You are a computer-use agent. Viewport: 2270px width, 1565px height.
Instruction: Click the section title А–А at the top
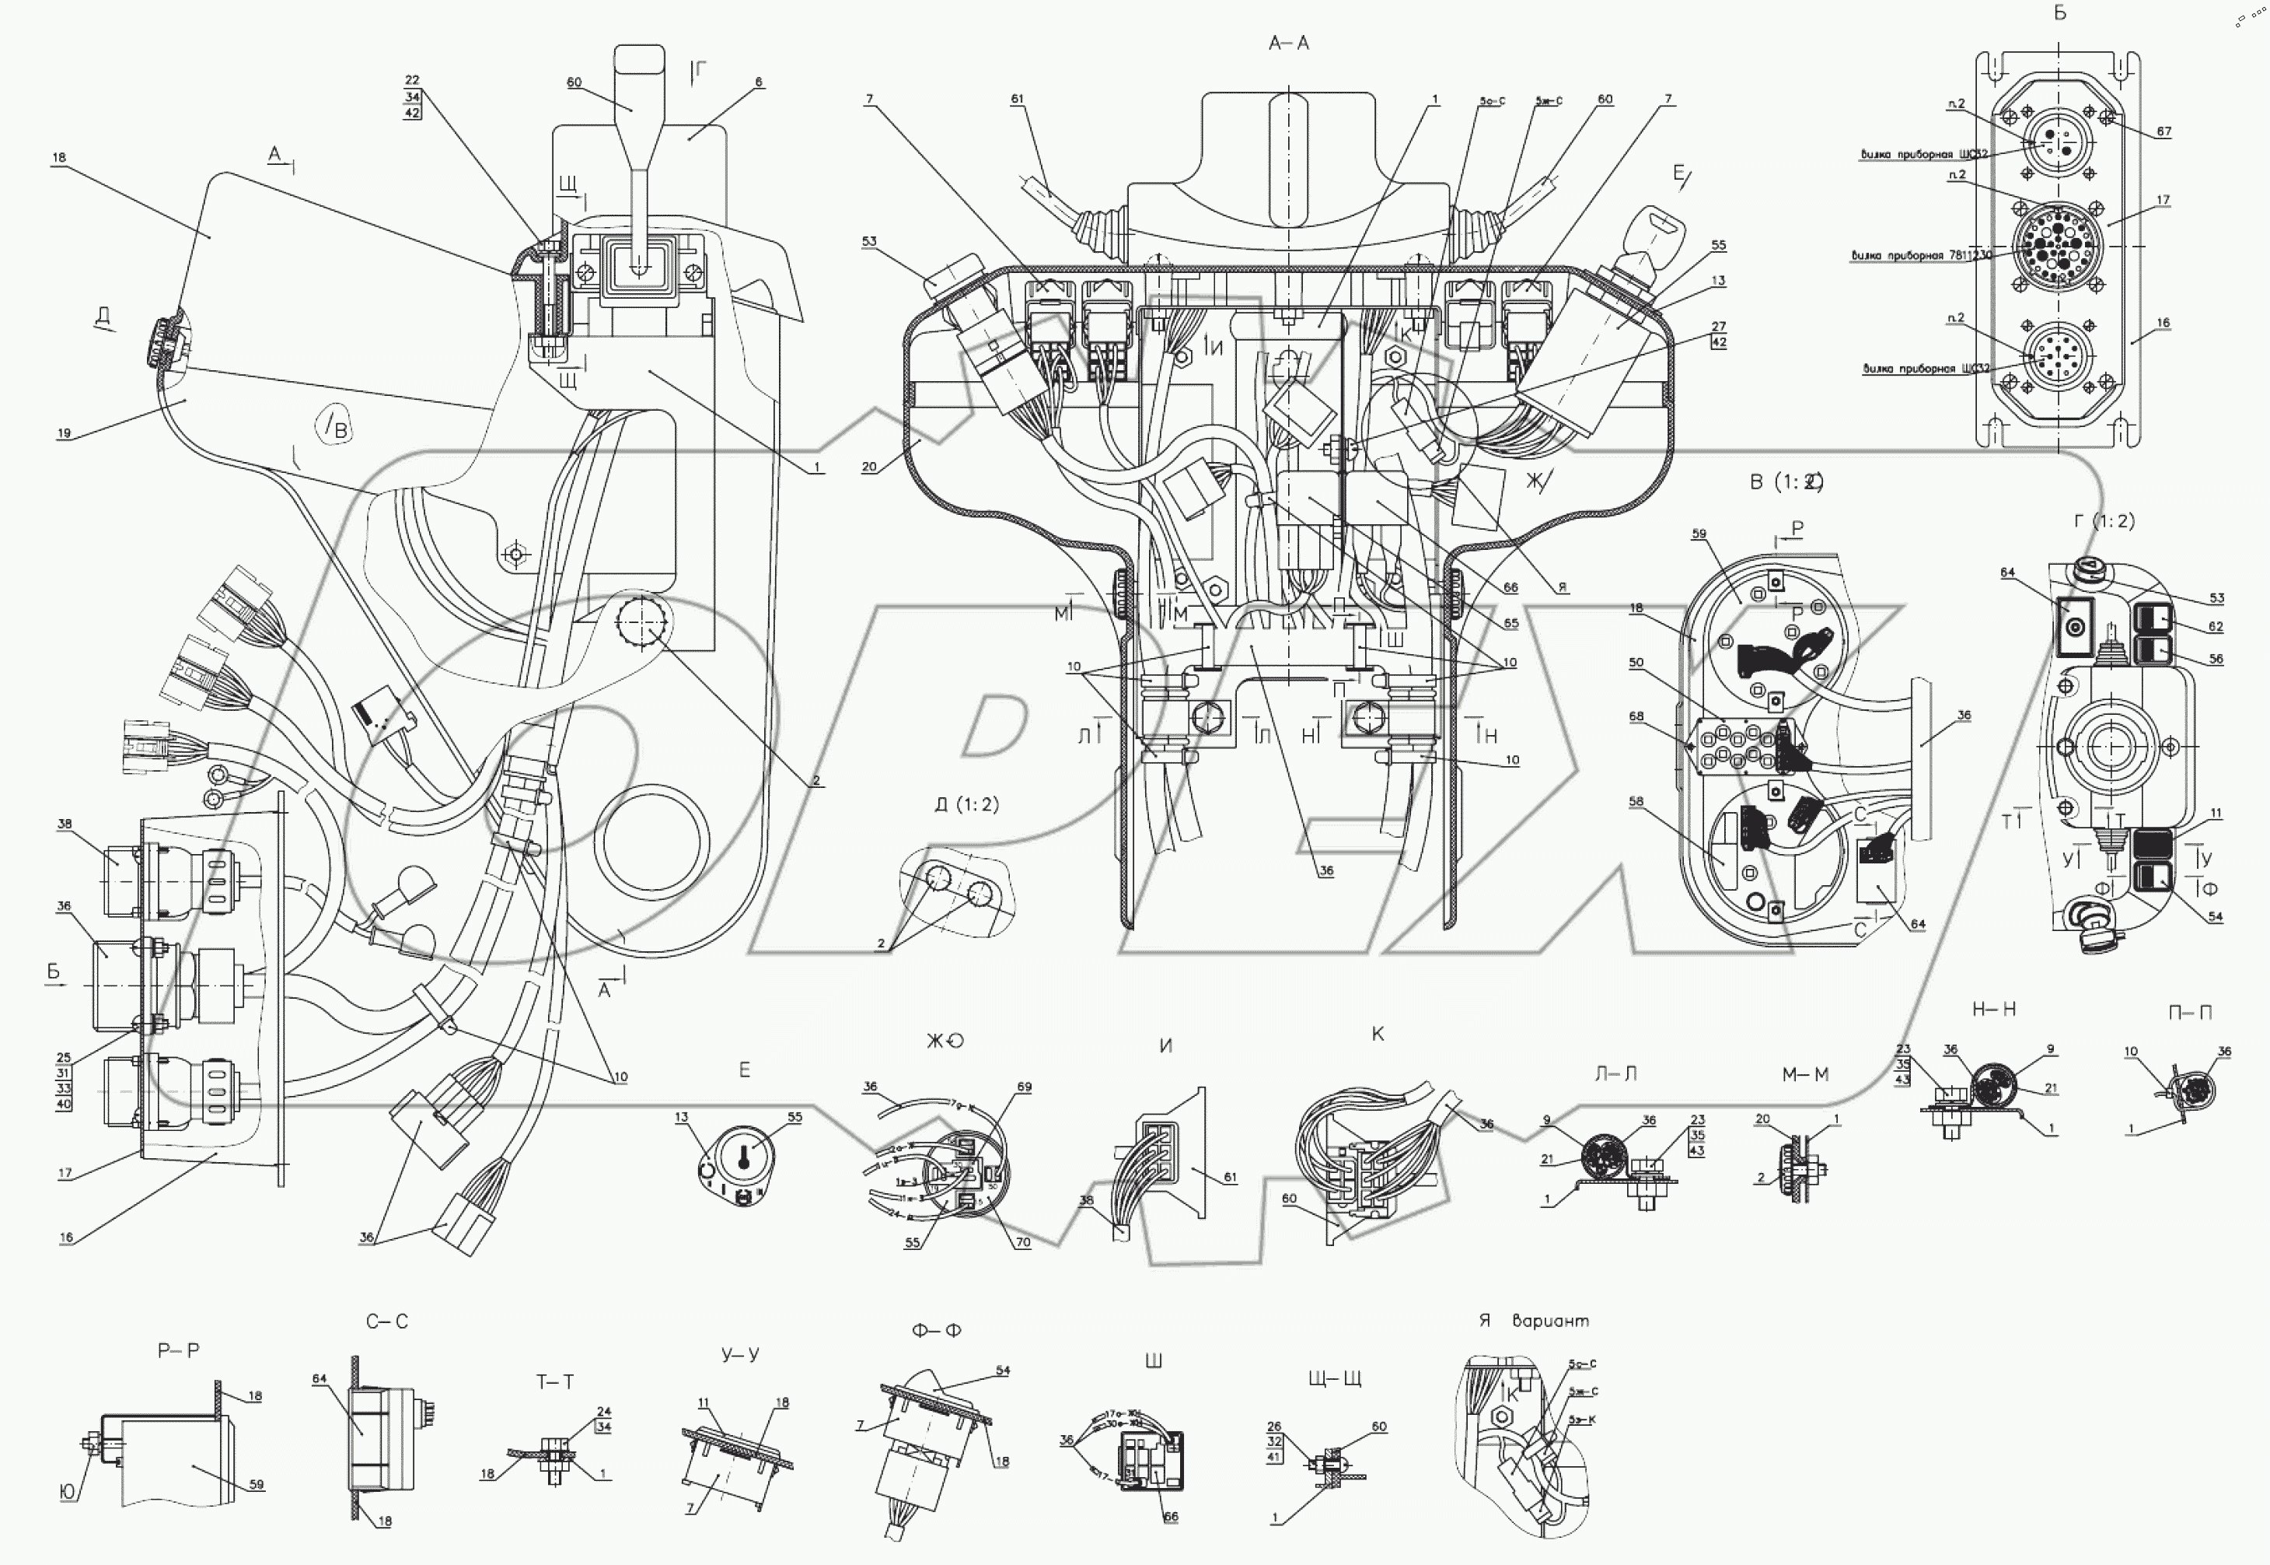tap(1288, 43)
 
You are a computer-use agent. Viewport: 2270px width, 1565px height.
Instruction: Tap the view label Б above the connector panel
tap(2059, 12)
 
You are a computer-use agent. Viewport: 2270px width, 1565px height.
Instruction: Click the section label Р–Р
tap(178, 1350)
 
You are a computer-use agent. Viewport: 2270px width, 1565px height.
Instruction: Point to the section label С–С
tap(386, 1322)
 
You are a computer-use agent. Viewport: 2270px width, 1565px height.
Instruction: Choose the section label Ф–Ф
tap(936, 1331)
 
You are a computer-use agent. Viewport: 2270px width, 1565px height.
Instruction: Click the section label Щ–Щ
tap(1334, 1378)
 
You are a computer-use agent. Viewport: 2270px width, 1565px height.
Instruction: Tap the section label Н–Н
tap(1992, 1009)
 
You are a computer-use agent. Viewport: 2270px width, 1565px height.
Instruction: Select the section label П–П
tap(2190, 1012)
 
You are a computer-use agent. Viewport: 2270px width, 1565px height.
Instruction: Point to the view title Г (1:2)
tap(2104, 520)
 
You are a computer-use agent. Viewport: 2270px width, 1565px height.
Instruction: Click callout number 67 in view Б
tap(2163, 131)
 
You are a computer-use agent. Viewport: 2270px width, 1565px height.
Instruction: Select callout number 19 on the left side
tap(64, 432)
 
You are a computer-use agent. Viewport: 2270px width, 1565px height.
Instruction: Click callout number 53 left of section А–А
tap(869, 241)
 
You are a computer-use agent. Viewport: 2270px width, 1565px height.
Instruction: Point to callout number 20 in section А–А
tap(869, 467)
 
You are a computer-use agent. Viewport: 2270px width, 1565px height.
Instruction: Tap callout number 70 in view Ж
tap(1023, 1242)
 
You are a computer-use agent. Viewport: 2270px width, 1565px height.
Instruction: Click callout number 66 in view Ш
tap(1170, 1517)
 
